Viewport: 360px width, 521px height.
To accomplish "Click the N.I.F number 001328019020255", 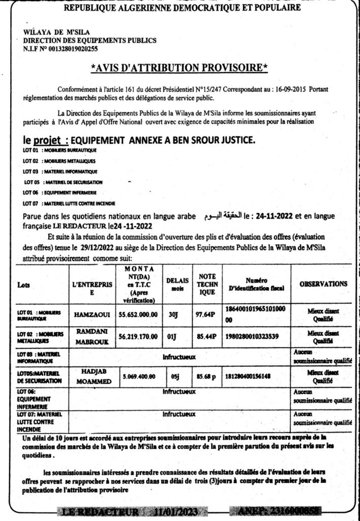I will click(x=72, y=49).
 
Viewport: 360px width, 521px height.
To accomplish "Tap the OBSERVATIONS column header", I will click(x=323, y=284).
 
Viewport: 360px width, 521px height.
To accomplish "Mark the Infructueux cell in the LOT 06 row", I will click(x=179, y=392).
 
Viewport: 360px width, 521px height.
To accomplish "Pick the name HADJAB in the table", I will click(x=92, y=371).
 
